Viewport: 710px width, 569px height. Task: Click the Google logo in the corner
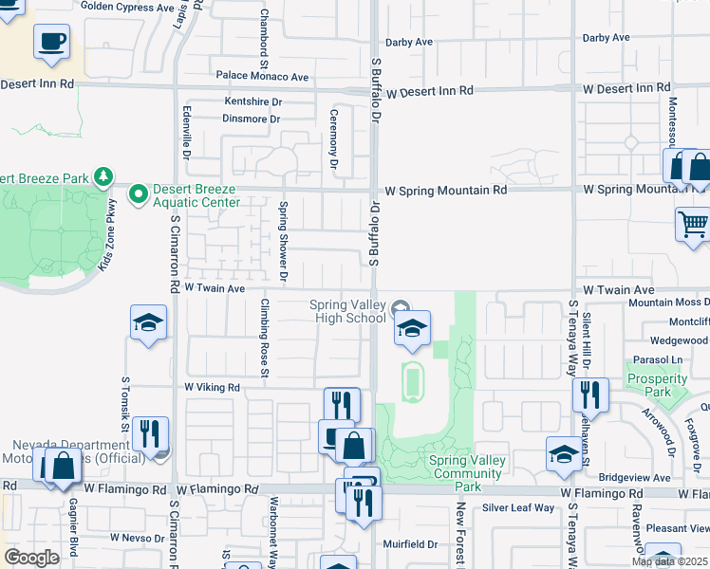[x=31, y=558]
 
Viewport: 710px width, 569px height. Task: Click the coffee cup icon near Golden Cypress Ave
[x=52, y=42]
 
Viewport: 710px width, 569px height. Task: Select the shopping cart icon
[x=693, y=225]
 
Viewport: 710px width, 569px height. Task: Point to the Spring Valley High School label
[x=347, y=311]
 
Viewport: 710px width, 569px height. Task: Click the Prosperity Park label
[x=657, y=384]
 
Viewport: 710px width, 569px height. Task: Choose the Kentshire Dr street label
[x=253, y=101]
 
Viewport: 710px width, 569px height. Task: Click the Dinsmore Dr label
[x=251, y=119]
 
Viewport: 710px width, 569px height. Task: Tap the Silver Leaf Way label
[x=518, y=508]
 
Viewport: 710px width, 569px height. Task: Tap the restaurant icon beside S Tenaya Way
[x=591, y=394]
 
